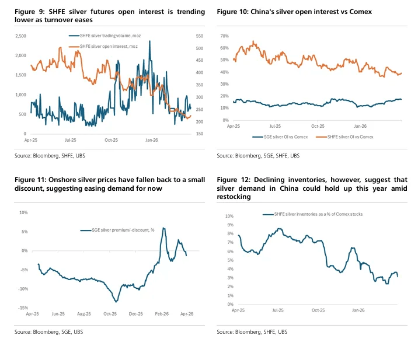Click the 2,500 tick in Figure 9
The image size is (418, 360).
[x=20, y=36]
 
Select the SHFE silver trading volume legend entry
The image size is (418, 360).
[x=104, y=36]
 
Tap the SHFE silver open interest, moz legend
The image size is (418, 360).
[x=103, y=46]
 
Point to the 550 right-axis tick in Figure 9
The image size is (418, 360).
[x=200, y=36]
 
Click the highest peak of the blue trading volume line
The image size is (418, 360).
[x=149, y=41]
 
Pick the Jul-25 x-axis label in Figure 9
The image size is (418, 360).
[x=71, y=140]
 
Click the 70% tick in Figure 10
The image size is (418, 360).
[x=224, y=36]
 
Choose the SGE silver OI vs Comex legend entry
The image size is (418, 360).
[x=280, y=137]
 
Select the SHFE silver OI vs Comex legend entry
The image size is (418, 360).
[x=344, y=137]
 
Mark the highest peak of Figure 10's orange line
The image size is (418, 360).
[x=253, y=41]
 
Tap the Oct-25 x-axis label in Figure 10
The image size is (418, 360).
[x=318, y=126]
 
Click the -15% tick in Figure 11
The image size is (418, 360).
[x=23, y=307]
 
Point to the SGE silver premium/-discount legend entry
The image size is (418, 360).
[x=117, y=230]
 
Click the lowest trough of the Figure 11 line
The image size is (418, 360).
[x=116, y=302]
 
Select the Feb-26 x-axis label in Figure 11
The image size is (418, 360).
[x=162, y=314]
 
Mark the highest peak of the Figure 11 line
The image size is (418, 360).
[x=163, y=228]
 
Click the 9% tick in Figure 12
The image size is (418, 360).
[x=231, y=225]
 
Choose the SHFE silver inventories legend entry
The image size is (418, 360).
[x=312, y=214]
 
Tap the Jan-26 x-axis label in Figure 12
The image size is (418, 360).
[x=358, y=310]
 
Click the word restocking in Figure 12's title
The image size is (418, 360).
[x=234, y=197]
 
